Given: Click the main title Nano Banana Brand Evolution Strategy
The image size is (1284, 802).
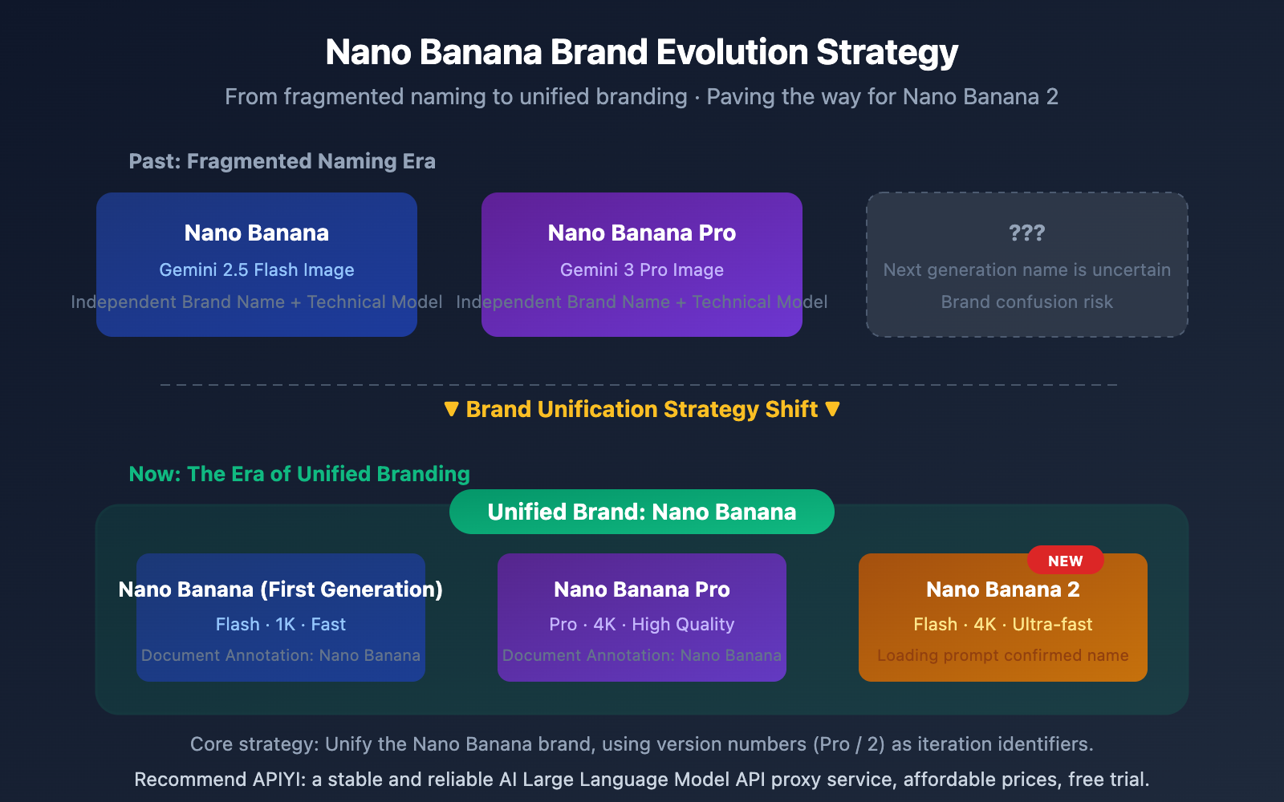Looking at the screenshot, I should click(641, 53).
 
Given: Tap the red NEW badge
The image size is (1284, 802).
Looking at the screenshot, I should click(1065, 561).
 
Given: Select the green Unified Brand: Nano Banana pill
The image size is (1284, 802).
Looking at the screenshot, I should click(641, 512).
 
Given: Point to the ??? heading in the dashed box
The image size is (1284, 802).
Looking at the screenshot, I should click(1026, 233).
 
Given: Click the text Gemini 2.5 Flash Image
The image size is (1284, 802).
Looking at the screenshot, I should click(256, 270).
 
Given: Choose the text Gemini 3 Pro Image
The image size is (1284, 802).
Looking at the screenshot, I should click(641, 270).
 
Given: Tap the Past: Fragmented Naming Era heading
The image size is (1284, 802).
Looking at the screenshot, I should click(282, 161).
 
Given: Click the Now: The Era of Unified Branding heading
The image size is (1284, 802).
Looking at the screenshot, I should click(299, 474).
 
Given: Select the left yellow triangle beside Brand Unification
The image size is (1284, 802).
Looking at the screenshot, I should click(451, 409).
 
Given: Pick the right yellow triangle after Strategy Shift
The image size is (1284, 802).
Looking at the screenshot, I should click(832, 409).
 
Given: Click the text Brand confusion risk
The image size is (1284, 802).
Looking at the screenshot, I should click(1026, 302).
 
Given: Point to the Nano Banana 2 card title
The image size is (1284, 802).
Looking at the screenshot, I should click(1002, 589).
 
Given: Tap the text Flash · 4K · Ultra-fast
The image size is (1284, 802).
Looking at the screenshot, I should click(1002, 624).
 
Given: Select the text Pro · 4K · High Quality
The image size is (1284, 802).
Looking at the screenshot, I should click(641, 624).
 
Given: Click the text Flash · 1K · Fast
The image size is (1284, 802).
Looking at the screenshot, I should click(280, 624).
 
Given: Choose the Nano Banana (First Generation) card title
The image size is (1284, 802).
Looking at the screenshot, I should click(280, 589).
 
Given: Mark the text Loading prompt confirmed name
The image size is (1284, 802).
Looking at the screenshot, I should click(1002, 655).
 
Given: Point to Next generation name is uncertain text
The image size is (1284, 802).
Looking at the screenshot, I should click(1026, 270).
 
